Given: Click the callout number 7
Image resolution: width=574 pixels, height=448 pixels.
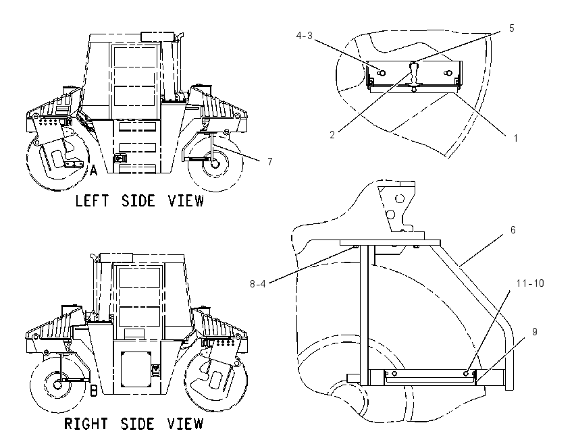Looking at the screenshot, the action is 270,161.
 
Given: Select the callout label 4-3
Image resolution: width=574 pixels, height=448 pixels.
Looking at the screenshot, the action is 304,36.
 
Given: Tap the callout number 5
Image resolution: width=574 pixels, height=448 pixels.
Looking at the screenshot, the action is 512,28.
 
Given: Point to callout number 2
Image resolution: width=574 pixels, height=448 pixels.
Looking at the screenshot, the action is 332,134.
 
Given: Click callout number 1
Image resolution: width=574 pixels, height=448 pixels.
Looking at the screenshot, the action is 515,138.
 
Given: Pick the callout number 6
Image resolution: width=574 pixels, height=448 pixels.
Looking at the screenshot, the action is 513,229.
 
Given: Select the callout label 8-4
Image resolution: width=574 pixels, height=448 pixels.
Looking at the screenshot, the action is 258,283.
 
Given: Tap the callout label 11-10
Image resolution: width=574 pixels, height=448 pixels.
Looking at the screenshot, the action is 530,283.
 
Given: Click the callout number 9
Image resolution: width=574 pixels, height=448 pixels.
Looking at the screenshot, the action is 534,332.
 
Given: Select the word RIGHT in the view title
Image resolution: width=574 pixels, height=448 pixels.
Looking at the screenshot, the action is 86,424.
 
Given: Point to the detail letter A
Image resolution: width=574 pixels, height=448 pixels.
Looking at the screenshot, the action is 94,171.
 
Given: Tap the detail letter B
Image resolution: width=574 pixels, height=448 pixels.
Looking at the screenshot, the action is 94,391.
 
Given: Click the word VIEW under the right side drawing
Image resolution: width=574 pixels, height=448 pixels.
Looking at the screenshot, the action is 185,424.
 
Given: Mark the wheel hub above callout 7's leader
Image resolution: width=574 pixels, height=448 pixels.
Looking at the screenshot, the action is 215,164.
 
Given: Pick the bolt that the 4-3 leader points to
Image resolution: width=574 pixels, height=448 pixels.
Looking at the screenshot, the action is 382,73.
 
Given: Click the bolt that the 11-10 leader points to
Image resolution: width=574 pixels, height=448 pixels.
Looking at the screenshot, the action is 466,373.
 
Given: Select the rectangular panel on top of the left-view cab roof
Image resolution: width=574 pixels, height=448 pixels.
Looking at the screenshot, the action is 158,36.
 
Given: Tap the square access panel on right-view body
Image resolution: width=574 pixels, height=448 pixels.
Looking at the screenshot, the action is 136,369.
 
